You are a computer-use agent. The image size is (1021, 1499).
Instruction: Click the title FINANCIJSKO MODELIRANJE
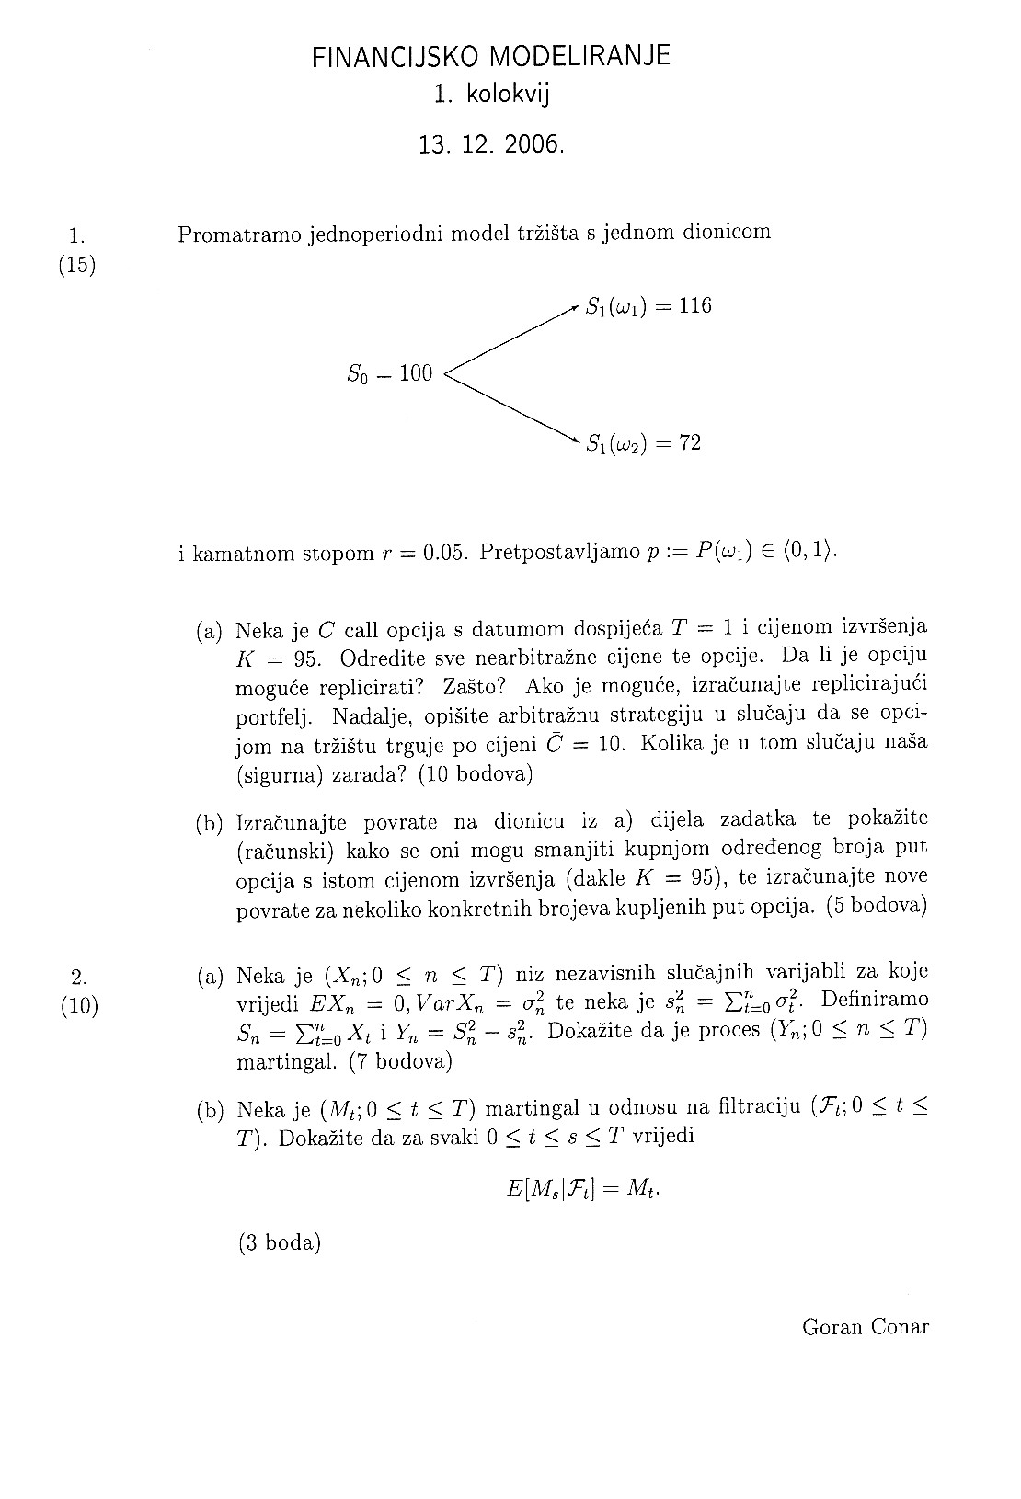(491, 57)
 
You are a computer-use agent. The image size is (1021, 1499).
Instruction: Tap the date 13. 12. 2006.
(489, 145)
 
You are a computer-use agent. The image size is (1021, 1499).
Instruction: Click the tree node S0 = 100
(389, 373)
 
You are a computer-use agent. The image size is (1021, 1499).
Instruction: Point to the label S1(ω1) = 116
(648, 306)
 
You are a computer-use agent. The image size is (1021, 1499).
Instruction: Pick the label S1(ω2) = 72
(644, 443)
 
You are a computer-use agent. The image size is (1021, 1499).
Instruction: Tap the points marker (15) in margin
(77, 267)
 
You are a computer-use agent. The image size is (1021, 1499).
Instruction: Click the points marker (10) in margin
(79, 1005)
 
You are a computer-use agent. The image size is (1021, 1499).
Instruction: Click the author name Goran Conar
(866, 1327)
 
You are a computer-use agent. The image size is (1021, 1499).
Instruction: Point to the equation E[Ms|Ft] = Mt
(583, 1188)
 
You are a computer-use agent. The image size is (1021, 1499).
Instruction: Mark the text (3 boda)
(279, 1243)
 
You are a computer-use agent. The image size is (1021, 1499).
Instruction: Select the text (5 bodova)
(876, 906)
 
